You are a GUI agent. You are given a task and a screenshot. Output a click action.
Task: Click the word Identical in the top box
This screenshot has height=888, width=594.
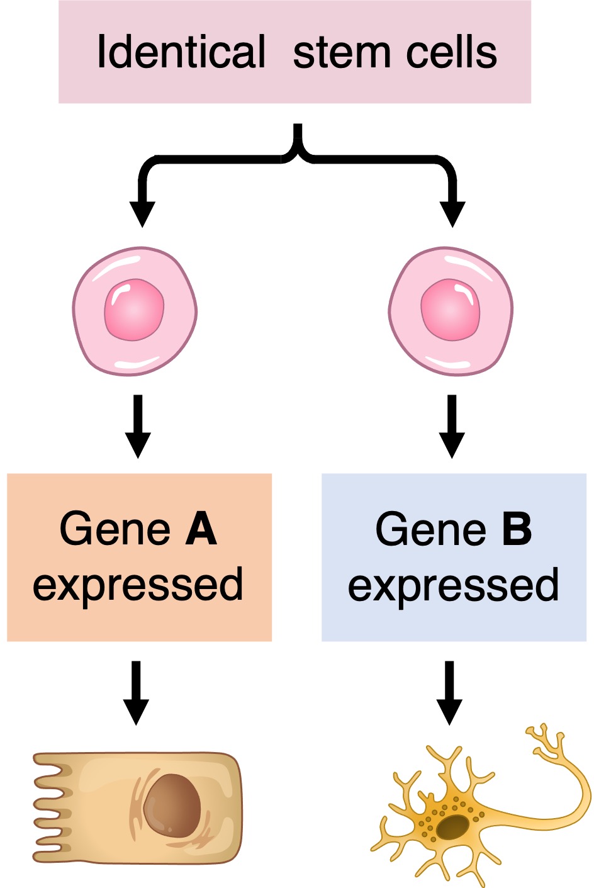point(181,52)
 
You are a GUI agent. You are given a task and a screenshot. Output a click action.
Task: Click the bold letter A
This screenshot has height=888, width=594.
point(201,529)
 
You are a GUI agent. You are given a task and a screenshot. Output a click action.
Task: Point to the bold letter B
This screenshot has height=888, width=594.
point(517,529)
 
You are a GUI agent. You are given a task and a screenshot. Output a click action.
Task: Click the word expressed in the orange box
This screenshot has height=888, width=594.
point(138,585)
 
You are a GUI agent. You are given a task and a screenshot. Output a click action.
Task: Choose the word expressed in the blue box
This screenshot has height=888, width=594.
point(453,585)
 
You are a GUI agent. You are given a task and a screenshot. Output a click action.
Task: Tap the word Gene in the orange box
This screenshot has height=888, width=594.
point(115,529)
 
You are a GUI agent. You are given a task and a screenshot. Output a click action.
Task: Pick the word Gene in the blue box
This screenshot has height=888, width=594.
point(431,529)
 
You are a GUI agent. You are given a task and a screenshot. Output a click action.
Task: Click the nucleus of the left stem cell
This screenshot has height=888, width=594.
point(134,310)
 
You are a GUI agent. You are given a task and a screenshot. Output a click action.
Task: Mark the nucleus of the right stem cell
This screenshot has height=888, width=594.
point(451,310)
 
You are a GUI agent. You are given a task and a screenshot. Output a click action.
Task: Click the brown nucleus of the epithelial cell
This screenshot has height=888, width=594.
point(172,806)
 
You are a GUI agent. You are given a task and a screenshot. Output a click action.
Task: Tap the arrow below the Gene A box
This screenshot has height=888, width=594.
point(136,692)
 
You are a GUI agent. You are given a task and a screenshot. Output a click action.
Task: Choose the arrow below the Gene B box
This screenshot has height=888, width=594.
point(449,692)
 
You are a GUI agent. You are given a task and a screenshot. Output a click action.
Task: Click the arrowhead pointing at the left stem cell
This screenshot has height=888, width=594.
point(142,214)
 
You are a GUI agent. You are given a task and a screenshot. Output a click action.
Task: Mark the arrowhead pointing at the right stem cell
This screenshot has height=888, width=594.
point(452,214)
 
